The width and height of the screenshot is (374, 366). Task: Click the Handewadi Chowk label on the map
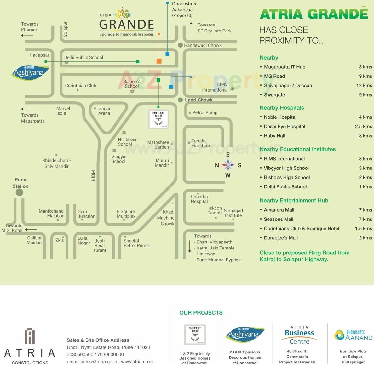203,45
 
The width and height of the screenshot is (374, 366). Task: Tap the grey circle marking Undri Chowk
180,100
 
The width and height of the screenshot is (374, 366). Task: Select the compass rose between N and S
228,165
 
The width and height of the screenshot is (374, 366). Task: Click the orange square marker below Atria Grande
159,61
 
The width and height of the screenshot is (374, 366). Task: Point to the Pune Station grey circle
20,192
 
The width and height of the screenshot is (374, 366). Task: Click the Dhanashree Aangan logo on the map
158,119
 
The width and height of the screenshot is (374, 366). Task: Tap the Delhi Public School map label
83,57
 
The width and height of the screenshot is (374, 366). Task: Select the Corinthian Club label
80,86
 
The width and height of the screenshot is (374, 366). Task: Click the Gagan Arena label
104,111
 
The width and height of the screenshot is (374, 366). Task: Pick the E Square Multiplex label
126,214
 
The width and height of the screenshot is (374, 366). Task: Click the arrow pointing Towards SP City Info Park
191,28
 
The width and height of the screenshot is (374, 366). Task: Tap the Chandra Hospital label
199,199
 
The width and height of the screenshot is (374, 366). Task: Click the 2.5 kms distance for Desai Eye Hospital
363,126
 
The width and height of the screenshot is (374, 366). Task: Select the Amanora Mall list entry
279,210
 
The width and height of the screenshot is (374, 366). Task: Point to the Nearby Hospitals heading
281,108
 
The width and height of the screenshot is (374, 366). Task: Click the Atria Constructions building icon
30,336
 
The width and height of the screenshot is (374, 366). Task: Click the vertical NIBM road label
93,176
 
